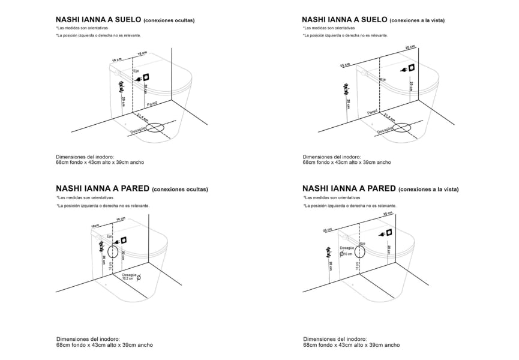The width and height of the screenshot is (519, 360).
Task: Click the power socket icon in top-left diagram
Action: coord(146,77)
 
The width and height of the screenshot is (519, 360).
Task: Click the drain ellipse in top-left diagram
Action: coord(155,128)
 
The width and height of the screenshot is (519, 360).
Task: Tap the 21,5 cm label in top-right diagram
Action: coord(389,116)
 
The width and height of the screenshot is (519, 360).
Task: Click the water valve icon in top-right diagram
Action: coord(345,89)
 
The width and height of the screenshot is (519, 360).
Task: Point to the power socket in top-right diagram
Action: coord(413,68)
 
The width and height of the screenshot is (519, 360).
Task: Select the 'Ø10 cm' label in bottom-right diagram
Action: coord(346,254)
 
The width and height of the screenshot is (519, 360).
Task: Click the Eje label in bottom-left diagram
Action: coord(110,236)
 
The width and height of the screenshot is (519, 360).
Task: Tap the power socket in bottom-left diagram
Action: coord(124,240)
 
